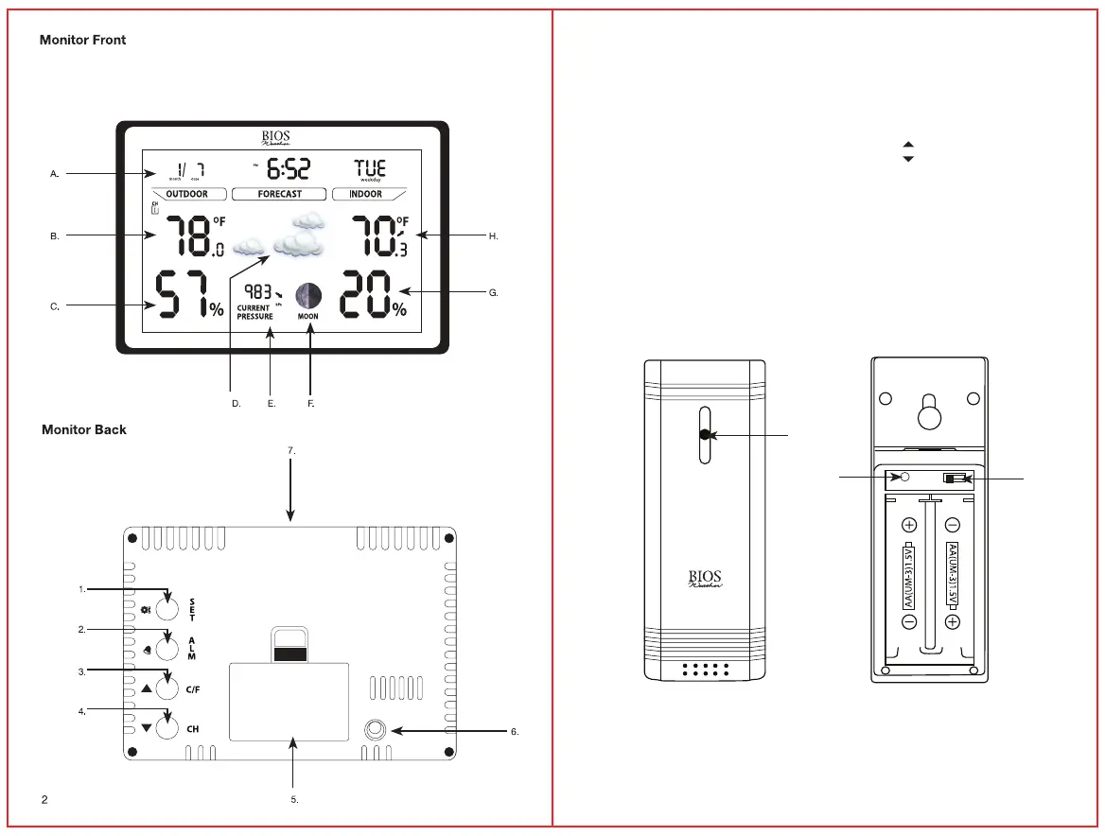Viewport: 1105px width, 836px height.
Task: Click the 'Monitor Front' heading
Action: (x=82, y=41)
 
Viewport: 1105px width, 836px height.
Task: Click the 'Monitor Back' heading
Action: (x=84, y=430)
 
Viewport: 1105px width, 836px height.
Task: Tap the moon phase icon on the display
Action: (x=307, y=296)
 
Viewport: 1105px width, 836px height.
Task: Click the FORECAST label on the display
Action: (x=280, y=194)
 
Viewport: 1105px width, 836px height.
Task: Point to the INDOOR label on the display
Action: (x=366, y=194)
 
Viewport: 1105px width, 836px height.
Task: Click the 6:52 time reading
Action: (x=288, y=170)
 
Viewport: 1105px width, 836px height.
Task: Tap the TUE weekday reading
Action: (x=369, y=168)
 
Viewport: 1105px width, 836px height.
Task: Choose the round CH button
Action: (x=167, y=729)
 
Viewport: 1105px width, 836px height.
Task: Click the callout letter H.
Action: (x=493, y=235)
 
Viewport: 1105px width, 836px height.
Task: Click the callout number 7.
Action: (x=291, y=451)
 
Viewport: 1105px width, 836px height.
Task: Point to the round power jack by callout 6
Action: (x=376, y=730)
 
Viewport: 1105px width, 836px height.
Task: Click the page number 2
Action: (x=44, y=800)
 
